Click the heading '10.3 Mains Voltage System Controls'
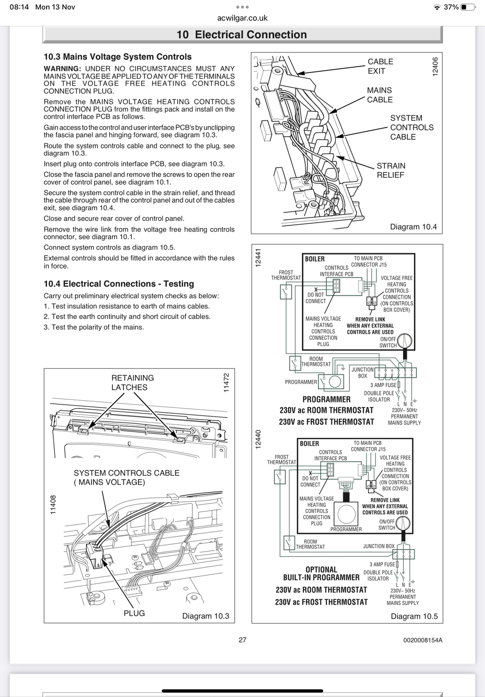click(x=117, y=57)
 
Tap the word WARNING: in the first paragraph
click(x=62, y=69)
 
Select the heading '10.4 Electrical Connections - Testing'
click(x=119, y=284)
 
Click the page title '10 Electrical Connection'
click(x=242, y=35)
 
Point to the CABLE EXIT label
click(x=380, y=66)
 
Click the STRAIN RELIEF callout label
click(x=391, y=170)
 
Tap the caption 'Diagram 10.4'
click(x=413, y=227)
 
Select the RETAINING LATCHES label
click(x=132, y=382)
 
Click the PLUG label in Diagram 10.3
click(x=134, y=613)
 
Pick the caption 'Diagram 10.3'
click(x=205, y=616)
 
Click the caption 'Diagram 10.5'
click(x=414, y=616)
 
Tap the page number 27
click(x=242, y=640)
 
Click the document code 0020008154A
click(x=423, y=640)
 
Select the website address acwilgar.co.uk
click(x=242, y=18)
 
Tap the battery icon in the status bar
click(x=468, y=7)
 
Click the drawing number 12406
click(x=434, y=67)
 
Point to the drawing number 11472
click(x=226, y=382)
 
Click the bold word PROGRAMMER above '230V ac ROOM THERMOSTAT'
click(x=326, y=399)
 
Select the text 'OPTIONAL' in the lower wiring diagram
click(x=321, y=569)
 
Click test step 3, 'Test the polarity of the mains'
click(x=93, y=327)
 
